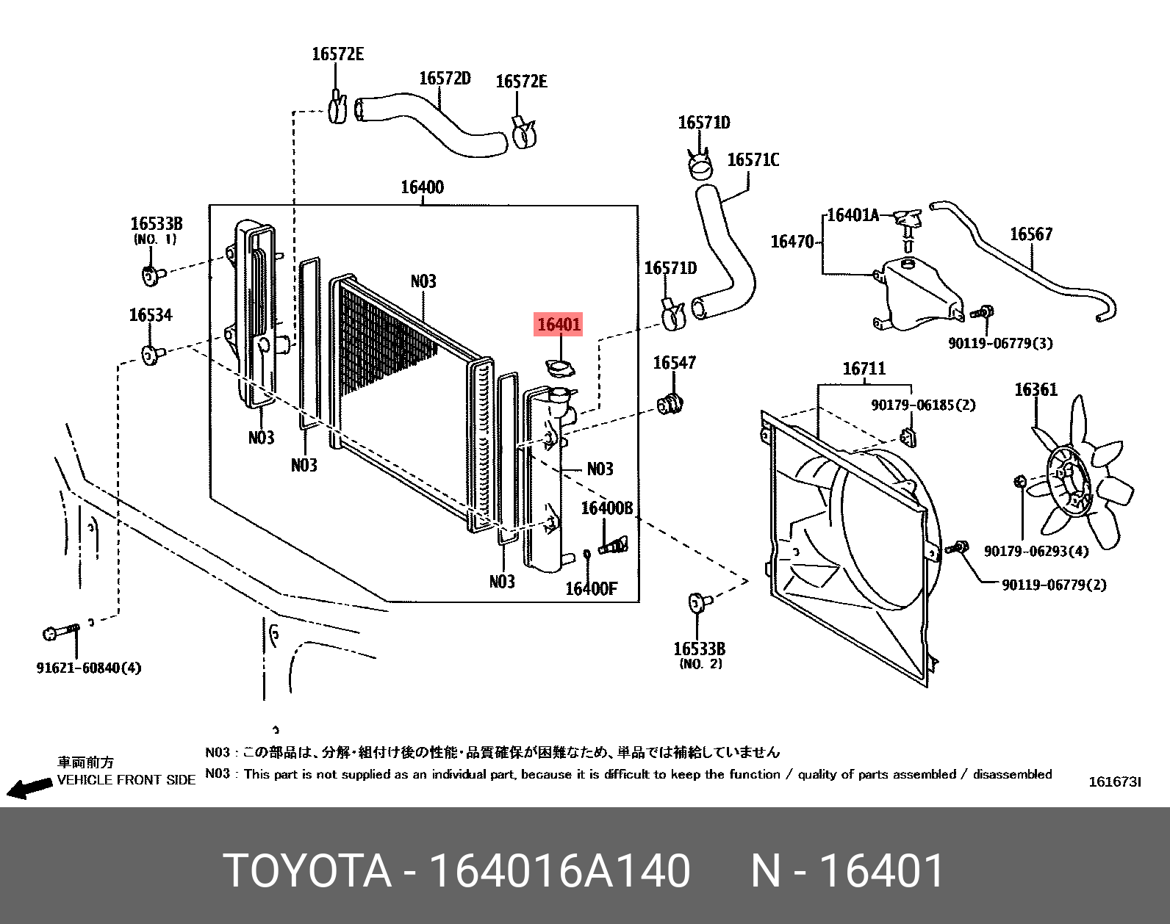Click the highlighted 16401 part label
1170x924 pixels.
coord(559,324)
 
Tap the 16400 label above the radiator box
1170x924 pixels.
coord(422,187)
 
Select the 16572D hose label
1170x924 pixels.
coord(445,79)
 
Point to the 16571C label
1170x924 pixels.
coord(753,160)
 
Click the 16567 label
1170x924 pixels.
coord(1030,234)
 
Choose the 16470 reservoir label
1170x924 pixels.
coord(792,242)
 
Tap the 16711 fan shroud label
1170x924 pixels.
coord(864,369)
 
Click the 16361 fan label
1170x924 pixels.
coord(1036,389)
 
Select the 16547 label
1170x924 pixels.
coord(674,363)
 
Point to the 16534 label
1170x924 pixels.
coord(151,315)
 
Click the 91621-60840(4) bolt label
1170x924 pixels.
coord(89,668)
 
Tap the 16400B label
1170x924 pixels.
coord(606,508)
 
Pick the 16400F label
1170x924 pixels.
coord(591,588)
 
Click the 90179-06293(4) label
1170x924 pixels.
coord(1036,551)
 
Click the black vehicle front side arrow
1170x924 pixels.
coord(29,789)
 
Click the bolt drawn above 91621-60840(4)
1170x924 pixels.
coord(61,632)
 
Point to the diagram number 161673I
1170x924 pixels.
coord(1114,782)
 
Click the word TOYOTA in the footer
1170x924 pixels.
coord(307,871)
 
